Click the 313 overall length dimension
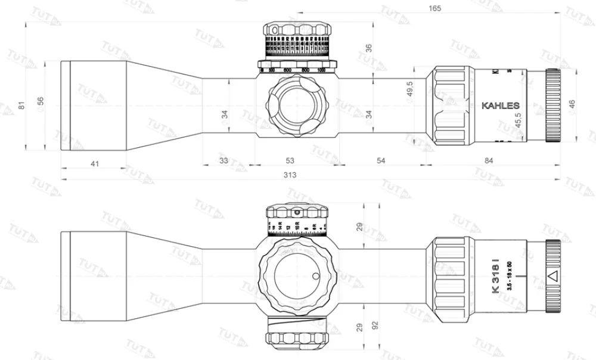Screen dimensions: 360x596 point(290,175)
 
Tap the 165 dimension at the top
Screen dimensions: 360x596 point(434,8)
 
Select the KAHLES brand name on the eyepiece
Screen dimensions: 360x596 point(500,105)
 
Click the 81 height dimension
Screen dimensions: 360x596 point(21,105)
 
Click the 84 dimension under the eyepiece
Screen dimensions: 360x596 point(489,161)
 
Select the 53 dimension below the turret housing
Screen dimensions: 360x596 point(290,161)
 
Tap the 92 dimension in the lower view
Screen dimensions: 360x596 point(374,325)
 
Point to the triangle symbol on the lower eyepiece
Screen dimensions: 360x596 point(551,276)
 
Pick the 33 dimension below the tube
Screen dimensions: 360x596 point(224,161)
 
